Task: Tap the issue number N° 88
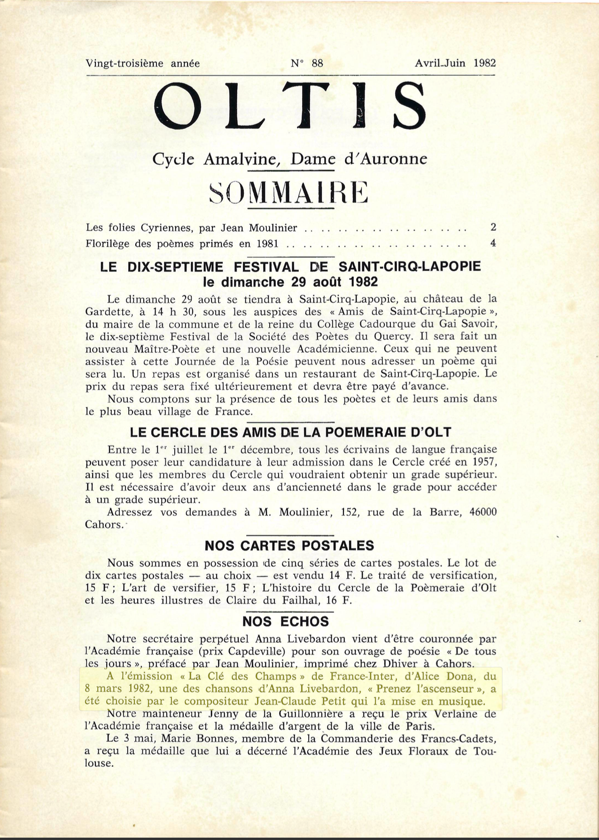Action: [x=307, y=63]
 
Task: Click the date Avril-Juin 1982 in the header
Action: [x=455, y=63]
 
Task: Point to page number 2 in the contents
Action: [x=493, y=228]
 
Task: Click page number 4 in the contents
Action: [x=493, y=244]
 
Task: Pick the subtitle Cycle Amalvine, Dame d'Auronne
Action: [x=290, y=159]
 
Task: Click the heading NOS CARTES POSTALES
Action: [x=289, y=545]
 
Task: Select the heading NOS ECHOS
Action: [x=286, y=622]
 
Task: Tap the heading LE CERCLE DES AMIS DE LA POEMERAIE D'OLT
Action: [x=290, y=432]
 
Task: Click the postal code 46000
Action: [x=483, y=512]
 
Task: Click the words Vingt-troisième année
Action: [x=143, y=63]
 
